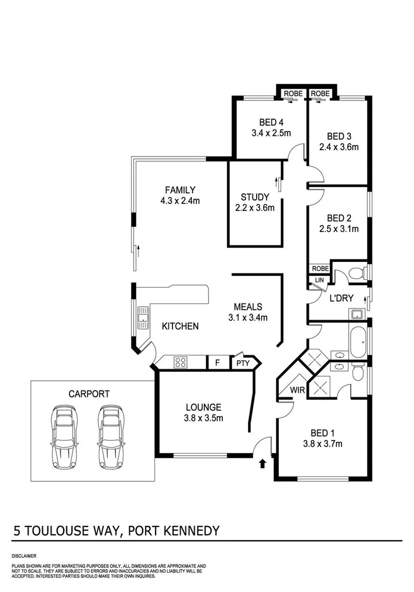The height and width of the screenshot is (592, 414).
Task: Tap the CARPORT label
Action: [x=88, y=394]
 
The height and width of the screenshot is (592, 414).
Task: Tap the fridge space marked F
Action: [x=218, y=363]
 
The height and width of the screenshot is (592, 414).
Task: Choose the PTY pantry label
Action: [x=243, y=363]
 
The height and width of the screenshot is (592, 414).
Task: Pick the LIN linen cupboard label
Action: [x=319, y=281]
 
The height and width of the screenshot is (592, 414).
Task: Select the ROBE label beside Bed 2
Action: [x=320, y=268]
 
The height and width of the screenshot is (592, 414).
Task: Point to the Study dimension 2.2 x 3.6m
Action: [x=255, y=207]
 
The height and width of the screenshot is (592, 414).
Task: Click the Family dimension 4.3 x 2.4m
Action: [x=180, y=201]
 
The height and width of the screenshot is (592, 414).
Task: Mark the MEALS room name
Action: [x=247, y=307]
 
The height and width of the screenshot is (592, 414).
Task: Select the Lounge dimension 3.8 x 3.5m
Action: [x=203, y=418]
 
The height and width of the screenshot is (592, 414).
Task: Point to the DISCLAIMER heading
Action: [x=24, y=555]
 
